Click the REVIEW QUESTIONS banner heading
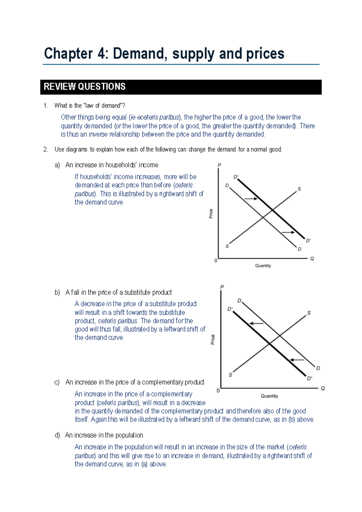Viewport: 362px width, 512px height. pos(84,87)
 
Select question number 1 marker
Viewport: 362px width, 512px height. pos(46,106)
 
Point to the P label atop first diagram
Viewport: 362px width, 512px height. pos(219,165)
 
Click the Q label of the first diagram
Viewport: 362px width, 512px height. pos(312,259)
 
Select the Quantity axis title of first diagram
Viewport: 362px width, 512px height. pos(263,266)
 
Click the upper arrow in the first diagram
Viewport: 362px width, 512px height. pos(251,199)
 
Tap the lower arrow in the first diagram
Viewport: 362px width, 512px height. pos(288,232)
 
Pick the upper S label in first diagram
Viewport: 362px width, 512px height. pos(299,189)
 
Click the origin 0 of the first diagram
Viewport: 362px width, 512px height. pos(216,261)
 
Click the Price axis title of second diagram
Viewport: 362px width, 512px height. pos(213,339)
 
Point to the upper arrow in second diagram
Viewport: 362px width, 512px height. pos(256,324)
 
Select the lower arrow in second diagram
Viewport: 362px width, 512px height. pos(297,360)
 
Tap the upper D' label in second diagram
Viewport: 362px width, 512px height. pos(230,309)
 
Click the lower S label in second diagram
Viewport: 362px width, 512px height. pos(230,375)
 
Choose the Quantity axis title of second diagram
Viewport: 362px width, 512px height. pos(269,396)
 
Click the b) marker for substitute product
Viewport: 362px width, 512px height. pos(57,293)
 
